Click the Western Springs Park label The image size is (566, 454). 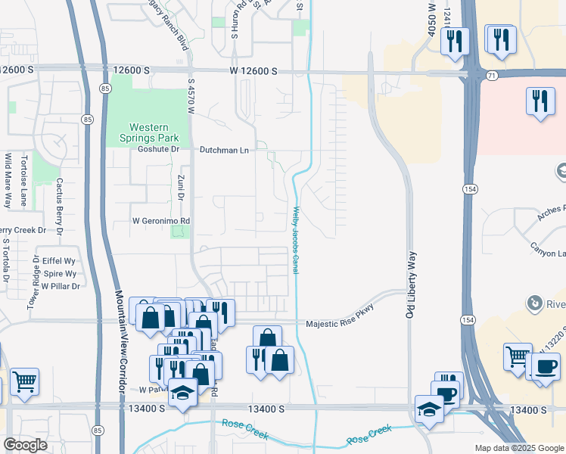click(x=148, y=132)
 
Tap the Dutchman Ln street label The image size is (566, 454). click(x=224, y=151)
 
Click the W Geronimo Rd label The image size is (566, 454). click(x=160, y=221)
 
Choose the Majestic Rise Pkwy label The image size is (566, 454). click(x=340, y=325)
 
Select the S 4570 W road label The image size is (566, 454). click(x=191, y=98)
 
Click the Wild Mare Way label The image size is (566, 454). click(x=8, y=181)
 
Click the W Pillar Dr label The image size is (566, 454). click(x=61, y=286)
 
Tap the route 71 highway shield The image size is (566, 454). click(x=491, y=76)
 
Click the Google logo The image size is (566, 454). click(x=25, y=445)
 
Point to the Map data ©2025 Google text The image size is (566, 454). click(x=518, y=448)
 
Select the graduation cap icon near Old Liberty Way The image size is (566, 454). click(x=429, y=409)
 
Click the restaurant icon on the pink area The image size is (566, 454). click(x=540, y=101)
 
